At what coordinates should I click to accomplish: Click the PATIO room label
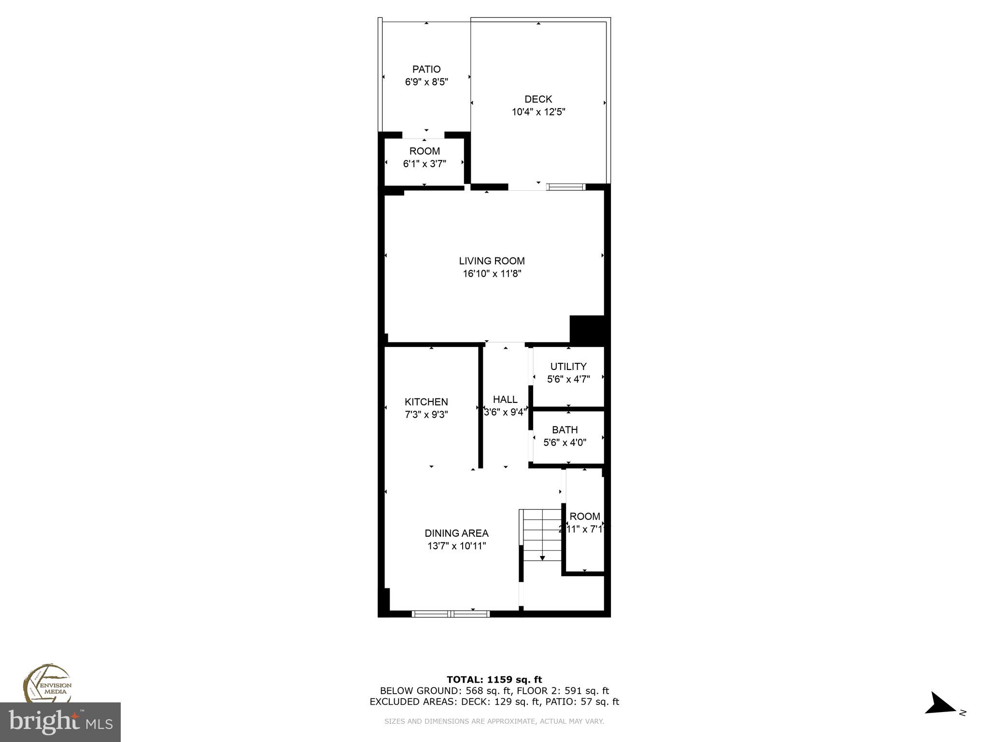tap(426, 69)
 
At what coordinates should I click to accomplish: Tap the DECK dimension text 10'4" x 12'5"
tap(538, 112)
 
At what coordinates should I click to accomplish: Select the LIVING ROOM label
tap(492, 261)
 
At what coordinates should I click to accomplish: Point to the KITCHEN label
tap(426, 402)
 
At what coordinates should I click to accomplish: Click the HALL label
tap(505, 400)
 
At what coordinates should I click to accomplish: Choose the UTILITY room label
tap(568, 367)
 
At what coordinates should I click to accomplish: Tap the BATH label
tap(565, 429)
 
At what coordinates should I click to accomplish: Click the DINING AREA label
tap(456, 533)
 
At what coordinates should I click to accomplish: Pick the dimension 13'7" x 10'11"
tap(456, 546)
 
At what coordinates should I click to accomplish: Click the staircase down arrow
tap(542, 557)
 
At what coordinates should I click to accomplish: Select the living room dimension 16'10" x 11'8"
tap(492, 274)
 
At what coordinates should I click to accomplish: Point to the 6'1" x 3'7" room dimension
tap(424, 164)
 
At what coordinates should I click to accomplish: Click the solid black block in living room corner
tap(587, 330)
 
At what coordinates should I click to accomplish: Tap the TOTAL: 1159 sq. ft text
tap(494, 680)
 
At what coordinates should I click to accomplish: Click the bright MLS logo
tap(60, 722)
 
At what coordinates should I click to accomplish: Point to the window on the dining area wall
tap(450, 614)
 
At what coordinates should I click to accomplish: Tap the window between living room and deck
tap(565, 187)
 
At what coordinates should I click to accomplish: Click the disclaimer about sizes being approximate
tap(494, 721)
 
